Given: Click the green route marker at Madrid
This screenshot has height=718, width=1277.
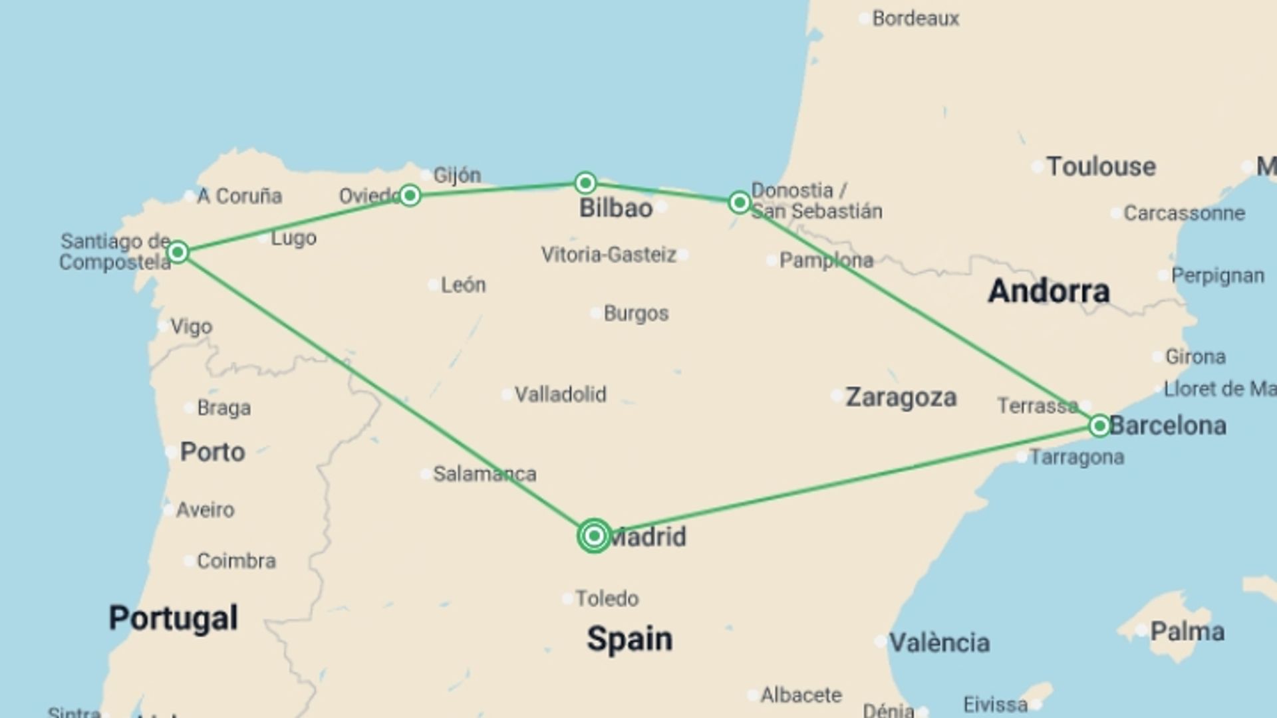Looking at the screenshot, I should [594, 536].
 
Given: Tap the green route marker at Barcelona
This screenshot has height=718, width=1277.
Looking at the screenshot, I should [1099, 425].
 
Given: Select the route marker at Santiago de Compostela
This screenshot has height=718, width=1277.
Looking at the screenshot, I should [178, 252].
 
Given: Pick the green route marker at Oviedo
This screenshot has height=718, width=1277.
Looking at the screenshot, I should [410, 195].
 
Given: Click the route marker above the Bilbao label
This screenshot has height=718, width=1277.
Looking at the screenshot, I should [585, 183].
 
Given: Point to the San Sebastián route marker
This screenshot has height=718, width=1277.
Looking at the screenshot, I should [739, 202].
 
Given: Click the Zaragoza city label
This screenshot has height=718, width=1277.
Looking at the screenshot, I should [901, 398].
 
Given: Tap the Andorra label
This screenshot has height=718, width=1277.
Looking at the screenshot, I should [1048, 291].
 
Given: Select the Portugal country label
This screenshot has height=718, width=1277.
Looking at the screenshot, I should [173, 618].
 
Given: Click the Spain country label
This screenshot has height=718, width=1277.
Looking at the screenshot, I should [629, 639].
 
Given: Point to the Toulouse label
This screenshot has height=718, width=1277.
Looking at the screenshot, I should [1101, 166].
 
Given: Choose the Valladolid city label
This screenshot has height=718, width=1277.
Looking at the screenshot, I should [560, 394].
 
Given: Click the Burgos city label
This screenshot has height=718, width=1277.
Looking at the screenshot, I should [636, 313].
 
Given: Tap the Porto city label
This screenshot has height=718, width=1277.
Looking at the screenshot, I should [212, 452].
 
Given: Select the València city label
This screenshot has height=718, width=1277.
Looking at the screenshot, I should [939, 643].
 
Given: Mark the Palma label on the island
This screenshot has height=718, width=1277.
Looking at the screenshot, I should [1187, 632].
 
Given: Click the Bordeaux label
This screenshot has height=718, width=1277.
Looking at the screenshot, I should [915, 19].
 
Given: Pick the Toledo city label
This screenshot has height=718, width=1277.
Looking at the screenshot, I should [607, 598].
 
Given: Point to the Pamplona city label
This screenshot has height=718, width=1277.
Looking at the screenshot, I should [826, 260].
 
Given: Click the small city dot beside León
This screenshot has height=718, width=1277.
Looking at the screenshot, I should [432, 285].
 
